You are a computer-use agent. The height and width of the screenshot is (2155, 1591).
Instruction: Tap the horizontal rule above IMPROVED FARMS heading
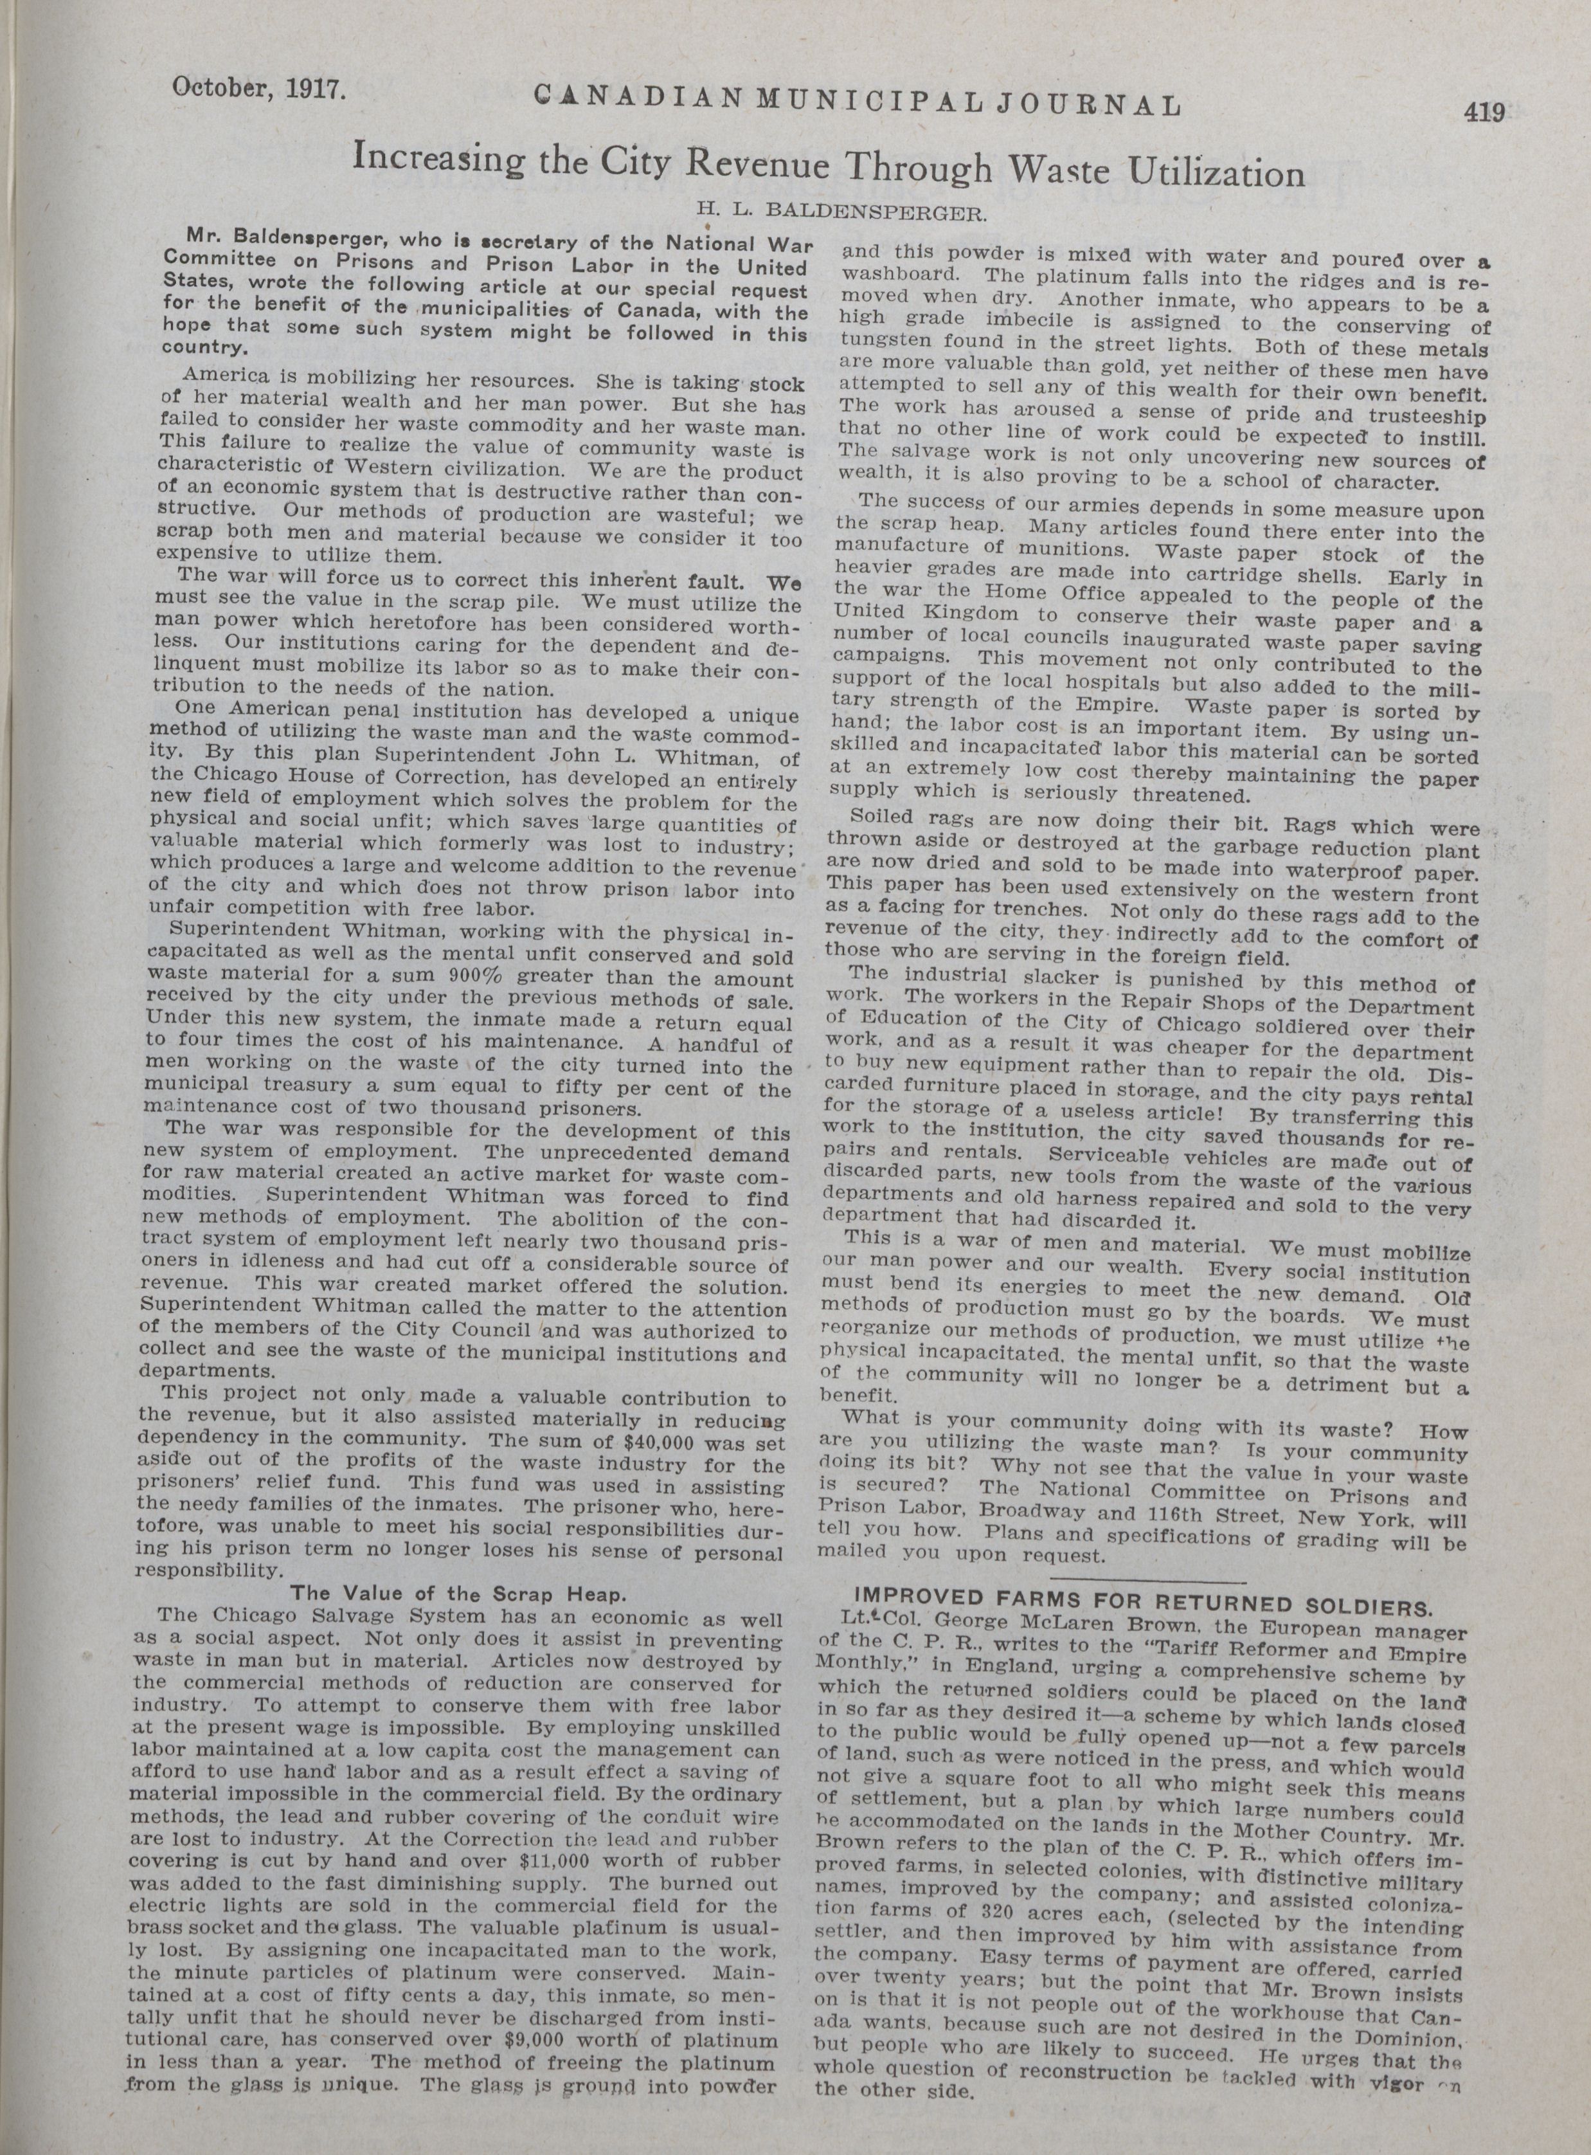(x=1146, y=1580)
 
